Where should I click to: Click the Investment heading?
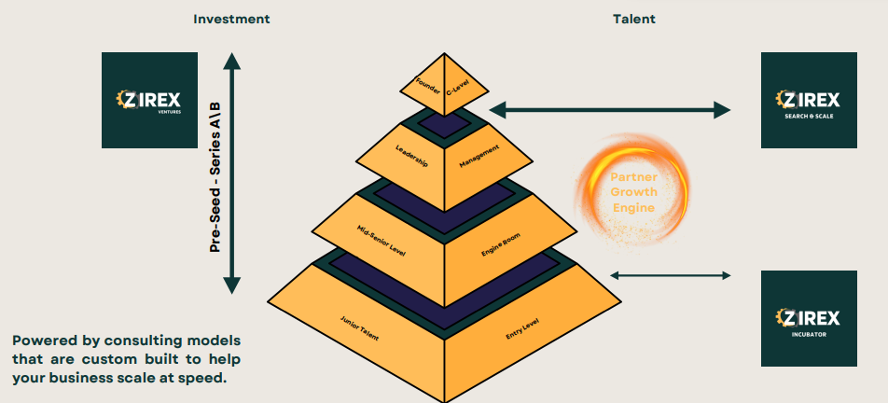tap(230, 19)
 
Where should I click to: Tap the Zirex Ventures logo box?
tap(149, 100)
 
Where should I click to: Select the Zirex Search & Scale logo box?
tap(809, 100)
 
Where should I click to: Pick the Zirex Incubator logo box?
tap(809, 318)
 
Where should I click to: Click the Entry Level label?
tap(522, 328)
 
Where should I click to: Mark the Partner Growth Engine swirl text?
tap(634, 192)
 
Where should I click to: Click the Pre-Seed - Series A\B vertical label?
tap(215, 174)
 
